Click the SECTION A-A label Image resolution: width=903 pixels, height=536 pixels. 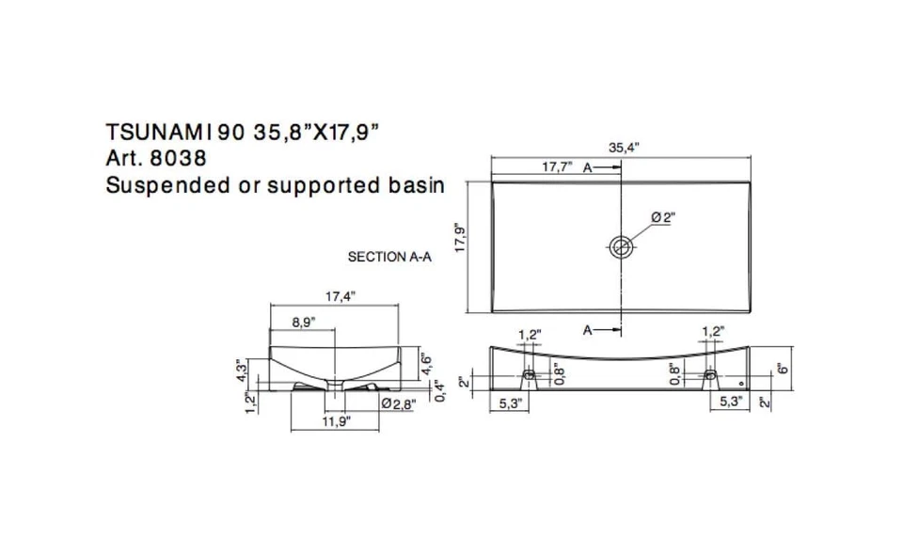(389, 256)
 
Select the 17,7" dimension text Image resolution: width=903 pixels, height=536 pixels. (557, 167)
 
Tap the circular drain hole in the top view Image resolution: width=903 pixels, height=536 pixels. (621, 247)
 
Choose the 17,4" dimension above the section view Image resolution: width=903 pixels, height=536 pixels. (340, 296)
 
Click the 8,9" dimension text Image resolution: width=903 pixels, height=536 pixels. (303, 322)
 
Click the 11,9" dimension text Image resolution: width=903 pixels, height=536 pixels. (336, 422)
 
